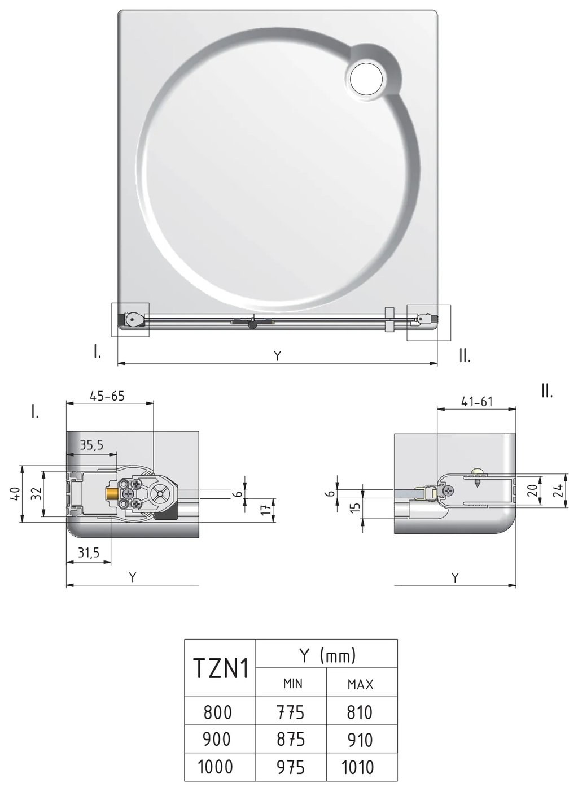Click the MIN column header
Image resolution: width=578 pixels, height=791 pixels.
pyautogui.click(x=292, y=684)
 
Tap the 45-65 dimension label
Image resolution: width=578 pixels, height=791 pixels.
pyautogui.click(x=107, y=396)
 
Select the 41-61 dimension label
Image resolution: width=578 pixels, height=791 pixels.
pyautogui.click(x=477, y=402)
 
